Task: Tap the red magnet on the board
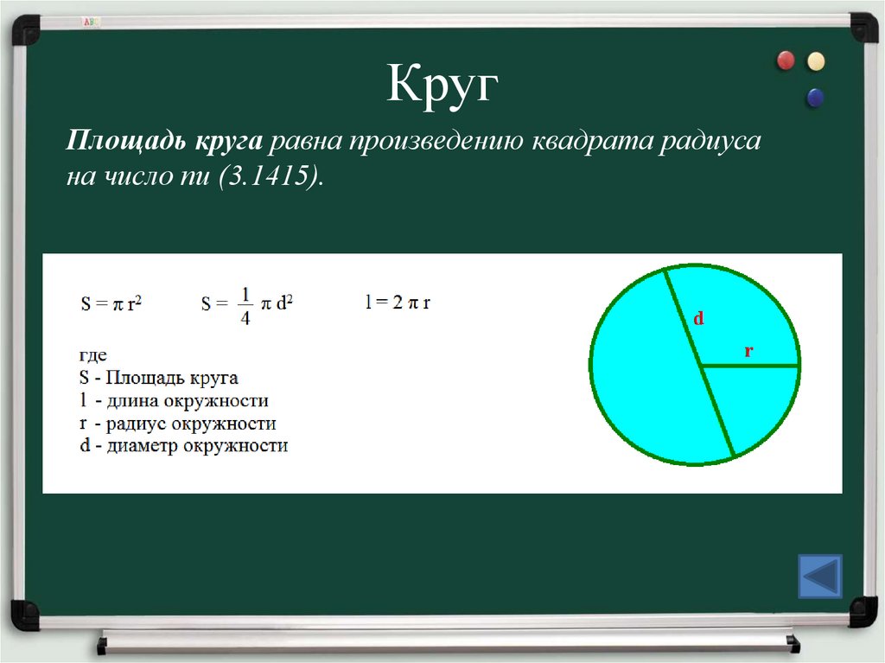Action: point(786,60)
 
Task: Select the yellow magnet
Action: point(816,61)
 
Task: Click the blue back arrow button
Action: point(818,576)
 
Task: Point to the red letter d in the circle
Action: point(699,319)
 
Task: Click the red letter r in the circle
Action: point(748,351)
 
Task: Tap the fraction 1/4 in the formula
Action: point(245,307)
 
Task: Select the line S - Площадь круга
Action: point(159,378)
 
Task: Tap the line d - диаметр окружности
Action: point(183,446)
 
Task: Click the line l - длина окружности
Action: point(174,400)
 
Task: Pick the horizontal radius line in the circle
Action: point(749,366)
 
